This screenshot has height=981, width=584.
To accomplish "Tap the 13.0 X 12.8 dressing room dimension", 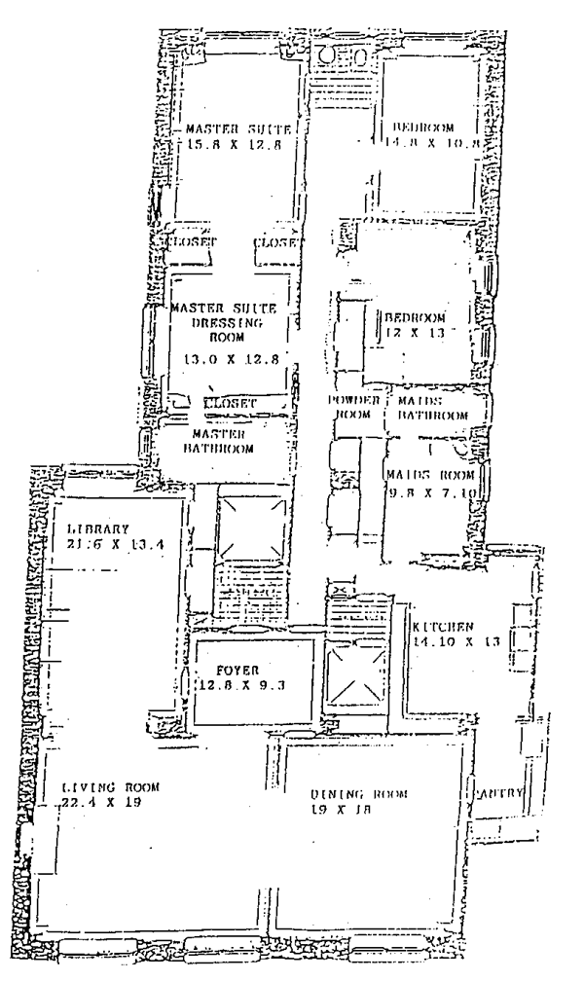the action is (231, 359).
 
